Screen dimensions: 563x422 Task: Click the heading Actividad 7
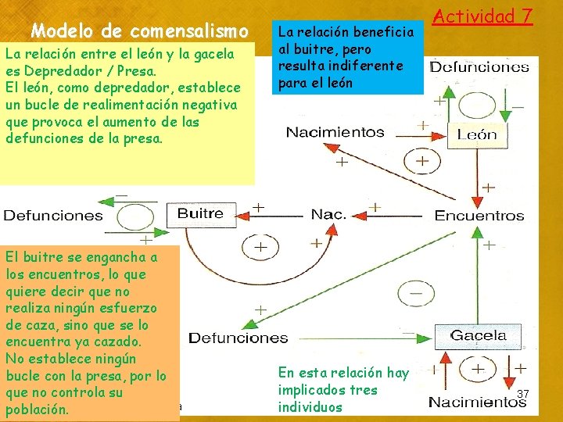tap(482, 16)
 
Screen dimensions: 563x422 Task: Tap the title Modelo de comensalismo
tap(139, 31)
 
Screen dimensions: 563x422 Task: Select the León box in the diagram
tap(476, 134)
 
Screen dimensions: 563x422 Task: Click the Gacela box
tap(478, 335)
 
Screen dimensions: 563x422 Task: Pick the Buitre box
tap(200, 213)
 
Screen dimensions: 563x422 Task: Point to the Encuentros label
tap(479, 215)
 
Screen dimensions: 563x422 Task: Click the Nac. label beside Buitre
tap(328, 214)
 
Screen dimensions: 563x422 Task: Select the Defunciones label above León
tap(479, 66)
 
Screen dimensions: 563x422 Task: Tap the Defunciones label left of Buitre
tap(52, 215)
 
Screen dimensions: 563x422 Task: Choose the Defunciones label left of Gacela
tap(238, 338)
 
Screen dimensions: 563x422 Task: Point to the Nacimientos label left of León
tap(335, 132)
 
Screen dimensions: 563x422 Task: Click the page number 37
tap(523, 394)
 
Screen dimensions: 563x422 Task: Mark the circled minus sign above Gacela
tap(416, 295)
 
